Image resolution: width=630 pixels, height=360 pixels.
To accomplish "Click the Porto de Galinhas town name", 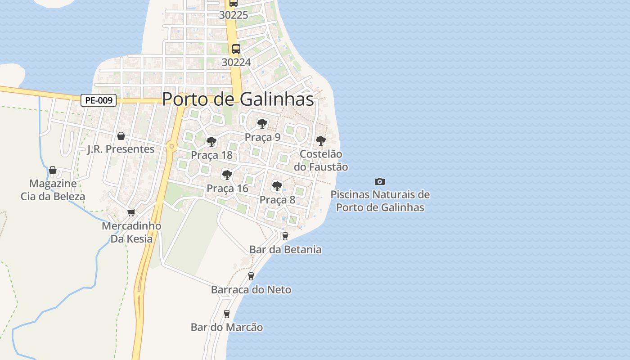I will [238, 99].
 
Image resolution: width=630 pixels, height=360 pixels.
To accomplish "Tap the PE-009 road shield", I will [99, 100].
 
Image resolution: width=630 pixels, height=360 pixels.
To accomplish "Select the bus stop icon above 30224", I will [236, 49].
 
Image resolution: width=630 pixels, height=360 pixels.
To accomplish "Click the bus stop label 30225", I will [234, 15].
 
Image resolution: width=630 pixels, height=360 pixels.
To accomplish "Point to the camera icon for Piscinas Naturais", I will [380, 181].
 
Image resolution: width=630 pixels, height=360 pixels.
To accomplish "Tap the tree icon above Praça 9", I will [262, 124].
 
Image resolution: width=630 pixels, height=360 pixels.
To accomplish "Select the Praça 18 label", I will [211, 155].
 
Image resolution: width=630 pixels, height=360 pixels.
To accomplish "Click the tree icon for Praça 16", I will [227, 175].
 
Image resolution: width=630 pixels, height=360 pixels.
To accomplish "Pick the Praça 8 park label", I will [277, 200].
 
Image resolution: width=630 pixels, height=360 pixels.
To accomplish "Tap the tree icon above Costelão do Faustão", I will [320, 141].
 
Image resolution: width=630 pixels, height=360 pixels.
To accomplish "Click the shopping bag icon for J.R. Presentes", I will [121, 136].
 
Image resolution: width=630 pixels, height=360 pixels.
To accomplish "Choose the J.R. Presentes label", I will [121, 149].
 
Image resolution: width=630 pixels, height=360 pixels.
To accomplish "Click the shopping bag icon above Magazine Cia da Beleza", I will [53, 170].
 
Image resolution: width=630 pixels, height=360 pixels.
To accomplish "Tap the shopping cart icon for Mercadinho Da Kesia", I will [131, 212].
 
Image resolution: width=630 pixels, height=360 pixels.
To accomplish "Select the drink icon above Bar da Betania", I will [285, 236].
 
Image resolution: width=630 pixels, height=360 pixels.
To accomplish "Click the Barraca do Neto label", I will [251, 290].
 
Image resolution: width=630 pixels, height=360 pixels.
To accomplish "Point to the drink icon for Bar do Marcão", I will [227, 314].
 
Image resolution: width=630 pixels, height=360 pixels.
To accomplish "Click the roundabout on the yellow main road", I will [171, 146].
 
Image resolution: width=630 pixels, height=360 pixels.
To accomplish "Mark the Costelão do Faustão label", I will [321, 160].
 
